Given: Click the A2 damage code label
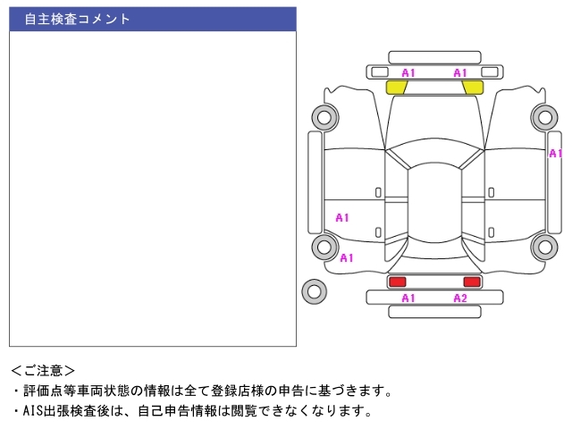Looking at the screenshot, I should point(460,299).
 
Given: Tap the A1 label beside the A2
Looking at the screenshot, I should point(408,299).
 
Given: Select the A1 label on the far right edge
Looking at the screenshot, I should point(556,154).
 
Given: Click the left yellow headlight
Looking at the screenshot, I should point(396,87).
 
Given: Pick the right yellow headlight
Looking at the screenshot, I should point(473,87).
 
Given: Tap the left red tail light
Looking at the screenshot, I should point(397,282).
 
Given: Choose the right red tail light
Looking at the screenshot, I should point(471,282).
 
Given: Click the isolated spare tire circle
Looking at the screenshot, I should point(314,290).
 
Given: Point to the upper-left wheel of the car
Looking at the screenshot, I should point(323,116).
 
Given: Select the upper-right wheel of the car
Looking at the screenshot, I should point(543,116).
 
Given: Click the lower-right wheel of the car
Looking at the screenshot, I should point(543,248).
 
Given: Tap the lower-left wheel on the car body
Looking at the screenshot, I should point(323,248).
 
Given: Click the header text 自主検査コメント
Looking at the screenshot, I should point(77,19).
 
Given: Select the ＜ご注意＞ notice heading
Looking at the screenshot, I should point(43,370).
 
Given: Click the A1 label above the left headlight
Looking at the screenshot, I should point(408,72).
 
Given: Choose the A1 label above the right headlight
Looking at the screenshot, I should point(460,72).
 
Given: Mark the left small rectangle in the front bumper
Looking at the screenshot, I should point(380,71).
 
